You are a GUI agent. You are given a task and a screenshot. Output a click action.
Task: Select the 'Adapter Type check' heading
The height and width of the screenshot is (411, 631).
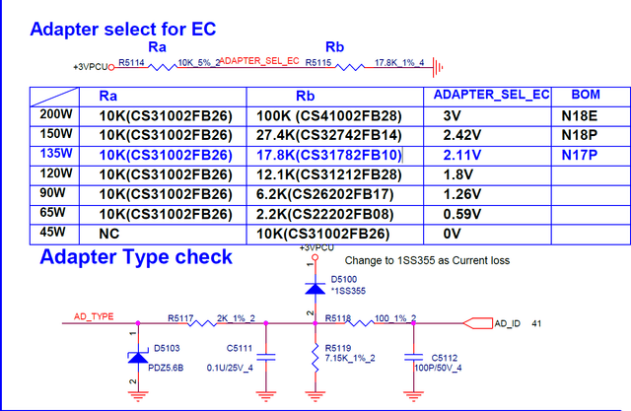tap(135, 257)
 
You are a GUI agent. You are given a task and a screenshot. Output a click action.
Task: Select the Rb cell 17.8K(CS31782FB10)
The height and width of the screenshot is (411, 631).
tap(328, 155)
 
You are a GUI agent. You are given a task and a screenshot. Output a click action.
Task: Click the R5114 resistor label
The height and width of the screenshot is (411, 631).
tap(131, 61)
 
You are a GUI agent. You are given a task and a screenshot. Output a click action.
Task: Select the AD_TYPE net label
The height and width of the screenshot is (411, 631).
tap(95, 316)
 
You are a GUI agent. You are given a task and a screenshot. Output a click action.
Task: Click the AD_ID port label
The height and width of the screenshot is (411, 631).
tap(506, 322)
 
